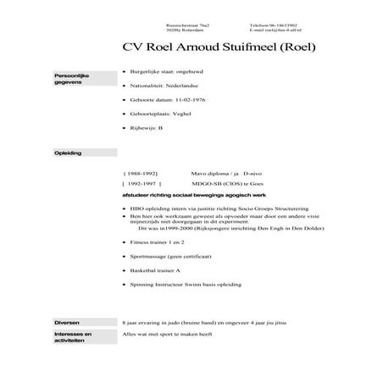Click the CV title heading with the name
[219, 47]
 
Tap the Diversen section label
[67, 324]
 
